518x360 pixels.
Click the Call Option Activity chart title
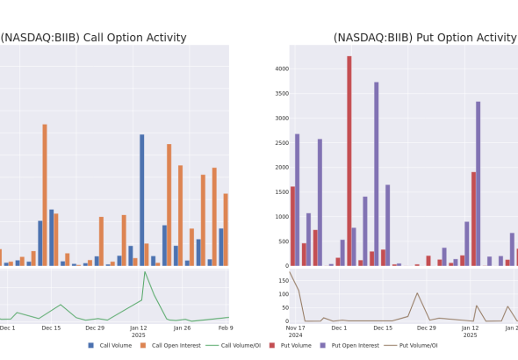point(93,38)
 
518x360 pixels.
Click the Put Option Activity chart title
point(425,38)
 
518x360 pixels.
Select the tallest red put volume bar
point(349,161)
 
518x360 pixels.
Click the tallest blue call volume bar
point(141,200)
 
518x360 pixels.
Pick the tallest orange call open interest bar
point(45,195)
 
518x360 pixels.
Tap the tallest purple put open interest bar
point(377,174)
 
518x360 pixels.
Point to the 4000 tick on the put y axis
point(282,68)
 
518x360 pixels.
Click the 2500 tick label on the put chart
point(282,142)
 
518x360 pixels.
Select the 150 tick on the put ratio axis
point(284,281)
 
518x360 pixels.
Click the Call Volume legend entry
point(110,345)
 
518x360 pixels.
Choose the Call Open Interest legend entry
point(170,345)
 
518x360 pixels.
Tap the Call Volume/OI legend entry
point(234,345)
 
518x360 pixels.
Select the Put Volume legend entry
point(291,345)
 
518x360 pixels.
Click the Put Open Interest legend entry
point(349,345)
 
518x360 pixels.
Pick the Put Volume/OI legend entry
point(411,345)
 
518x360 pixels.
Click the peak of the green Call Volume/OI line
point(145,272)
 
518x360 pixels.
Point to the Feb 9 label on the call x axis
point(226,328)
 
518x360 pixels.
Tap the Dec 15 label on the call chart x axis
point(51,328)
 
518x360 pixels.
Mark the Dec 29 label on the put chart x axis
point(427,328)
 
